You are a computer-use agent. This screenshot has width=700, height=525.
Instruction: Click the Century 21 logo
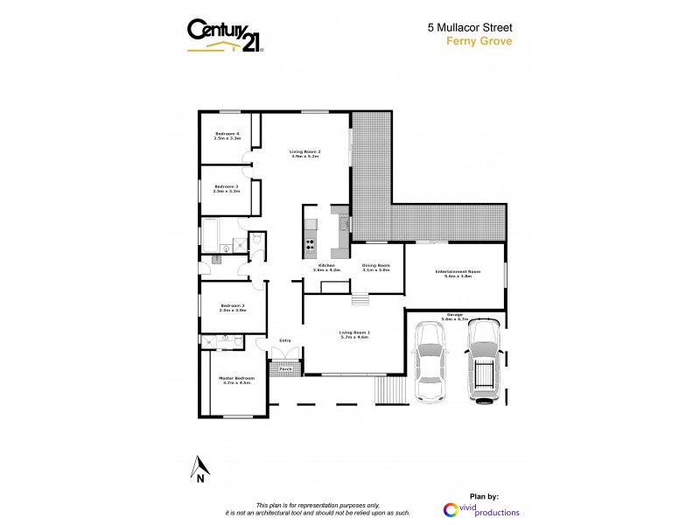226,36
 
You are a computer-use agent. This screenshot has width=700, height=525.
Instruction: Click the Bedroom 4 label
227,136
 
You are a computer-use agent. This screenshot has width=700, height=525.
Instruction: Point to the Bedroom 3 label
226,188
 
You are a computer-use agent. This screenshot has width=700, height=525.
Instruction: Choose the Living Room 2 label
305,154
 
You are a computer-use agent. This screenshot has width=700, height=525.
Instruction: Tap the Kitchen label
326,267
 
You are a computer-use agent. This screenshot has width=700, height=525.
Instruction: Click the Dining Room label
376,267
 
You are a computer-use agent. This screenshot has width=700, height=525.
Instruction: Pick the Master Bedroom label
236,380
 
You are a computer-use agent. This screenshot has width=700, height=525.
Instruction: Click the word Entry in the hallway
284,340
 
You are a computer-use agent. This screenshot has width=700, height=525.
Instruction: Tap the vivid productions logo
481,510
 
